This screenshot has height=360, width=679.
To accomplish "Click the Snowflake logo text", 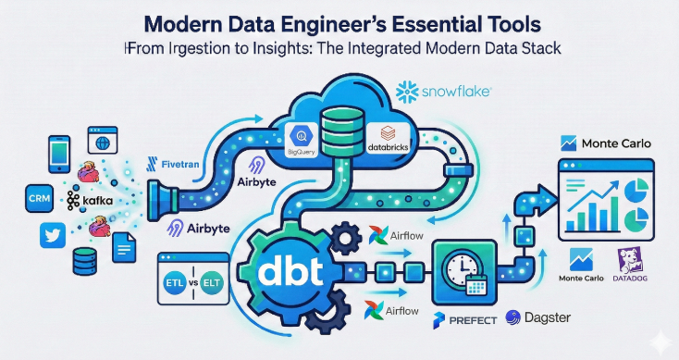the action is [455, 92].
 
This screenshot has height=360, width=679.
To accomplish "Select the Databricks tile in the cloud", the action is [388, 139].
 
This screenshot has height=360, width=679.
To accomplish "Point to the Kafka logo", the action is [90, 200].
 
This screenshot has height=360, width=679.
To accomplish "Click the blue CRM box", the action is [40, 198].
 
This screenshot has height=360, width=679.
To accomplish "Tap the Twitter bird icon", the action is [53, 235].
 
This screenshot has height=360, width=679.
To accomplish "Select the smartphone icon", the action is [59, 155].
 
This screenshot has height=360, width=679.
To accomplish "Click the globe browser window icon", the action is [103, 140].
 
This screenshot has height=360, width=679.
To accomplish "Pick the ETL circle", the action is [174, 283].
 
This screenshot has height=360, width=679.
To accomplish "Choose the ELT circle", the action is [212, 283].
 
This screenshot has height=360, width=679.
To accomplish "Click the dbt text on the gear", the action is [290, 272].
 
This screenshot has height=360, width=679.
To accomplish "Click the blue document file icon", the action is [124, 247].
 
